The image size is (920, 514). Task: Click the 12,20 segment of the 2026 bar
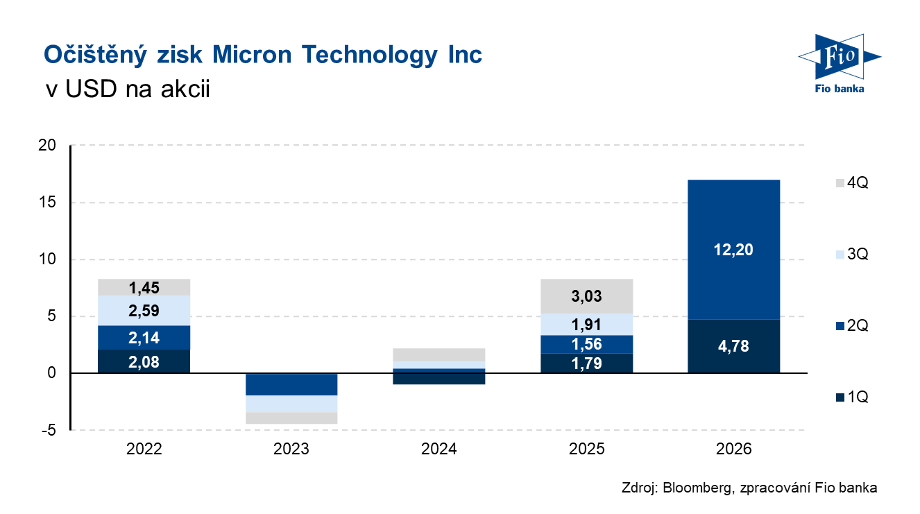[x=733, y=249]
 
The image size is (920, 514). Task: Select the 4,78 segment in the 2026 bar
[x=733, y=346]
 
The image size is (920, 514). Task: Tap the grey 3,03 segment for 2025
[x=586, y=296]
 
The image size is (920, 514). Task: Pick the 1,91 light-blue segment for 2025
[x=586, y=325]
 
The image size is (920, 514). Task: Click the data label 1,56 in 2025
[x=586, y=345]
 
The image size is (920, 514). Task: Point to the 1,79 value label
[x=586, y=363]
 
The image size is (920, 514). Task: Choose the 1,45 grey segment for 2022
[x=144, y=287]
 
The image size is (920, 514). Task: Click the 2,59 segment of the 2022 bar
[x=144, y=311]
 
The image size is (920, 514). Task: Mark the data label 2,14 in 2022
[x=144, y=338]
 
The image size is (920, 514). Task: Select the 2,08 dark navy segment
[x=144, y=361]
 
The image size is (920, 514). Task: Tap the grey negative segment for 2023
[x=291, y=418]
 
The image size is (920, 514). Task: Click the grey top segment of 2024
[x=438, y=354]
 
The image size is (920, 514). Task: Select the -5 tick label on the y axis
[x=49, y=431]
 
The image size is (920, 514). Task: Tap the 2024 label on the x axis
[x=438, y=449]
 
